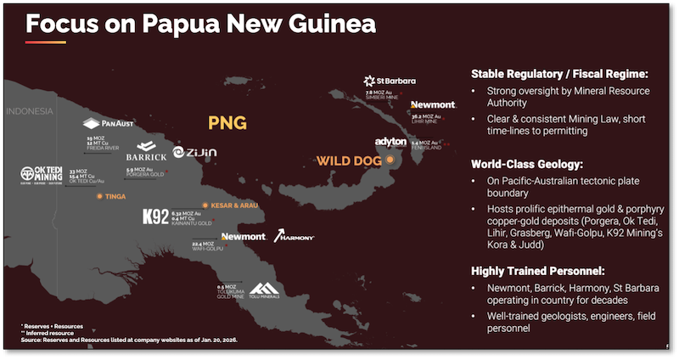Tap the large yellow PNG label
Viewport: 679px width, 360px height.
[x=227, y=124]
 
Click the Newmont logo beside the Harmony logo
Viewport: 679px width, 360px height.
[x=244, y=236]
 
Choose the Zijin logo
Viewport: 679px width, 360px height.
[x=195, y=152]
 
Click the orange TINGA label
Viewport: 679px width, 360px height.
[x=113, y=195]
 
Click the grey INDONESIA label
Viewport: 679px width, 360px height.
[x=31, y=111]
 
